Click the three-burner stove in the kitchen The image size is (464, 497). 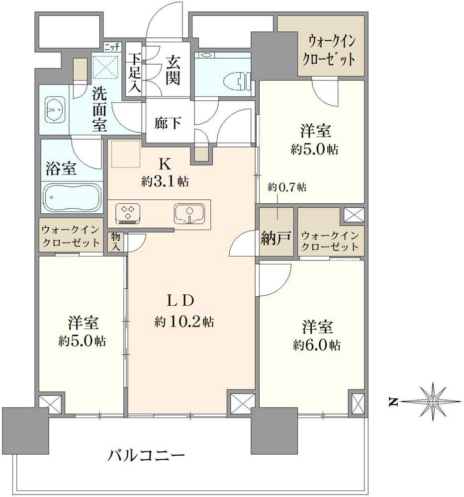point(128,213)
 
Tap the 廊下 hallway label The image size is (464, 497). point(167,123)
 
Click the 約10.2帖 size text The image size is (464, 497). point(184,322)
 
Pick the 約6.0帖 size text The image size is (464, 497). point(316,345)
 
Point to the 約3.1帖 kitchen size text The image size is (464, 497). point(165,181)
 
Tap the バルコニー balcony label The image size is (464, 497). point(146,455)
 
